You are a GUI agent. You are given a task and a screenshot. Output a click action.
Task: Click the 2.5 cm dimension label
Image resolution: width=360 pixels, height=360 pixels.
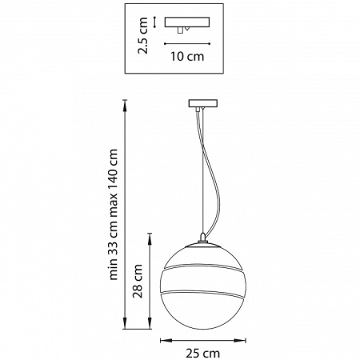[142, 35]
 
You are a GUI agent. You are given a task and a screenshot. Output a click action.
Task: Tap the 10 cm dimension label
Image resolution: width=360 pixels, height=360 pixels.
[187, 57]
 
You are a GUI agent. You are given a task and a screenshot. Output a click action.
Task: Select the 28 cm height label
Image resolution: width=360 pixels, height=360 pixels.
[138, 281]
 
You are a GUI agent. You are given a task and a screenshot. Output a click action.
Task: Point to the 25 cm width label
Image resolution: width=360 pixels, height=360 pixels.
[203, 354]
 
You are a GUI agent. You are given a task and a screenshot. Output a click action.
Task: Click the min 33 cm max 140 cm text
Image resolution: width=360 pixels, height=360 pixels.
[113, 214]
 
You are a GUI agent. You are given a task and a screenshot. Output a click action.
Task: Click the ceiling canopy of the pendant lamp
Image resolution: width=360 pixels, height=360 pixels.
[203, 103]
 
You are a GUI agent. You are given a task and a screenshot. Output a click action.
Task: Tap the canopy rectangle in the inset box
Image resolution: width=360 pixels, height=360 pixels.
[187, 22]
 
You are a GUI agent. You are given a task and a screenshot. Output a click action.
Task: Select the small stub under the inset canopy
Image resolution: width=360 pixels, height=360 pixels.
[181, 30]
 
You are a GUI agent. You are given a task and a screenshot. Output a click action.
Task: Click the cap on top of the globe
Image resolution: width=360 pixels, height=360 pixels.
[203, 238]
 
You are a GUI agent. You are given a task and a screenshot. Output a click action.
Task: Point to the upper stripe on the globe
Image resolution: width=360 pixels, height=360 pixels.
[203, 267]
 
